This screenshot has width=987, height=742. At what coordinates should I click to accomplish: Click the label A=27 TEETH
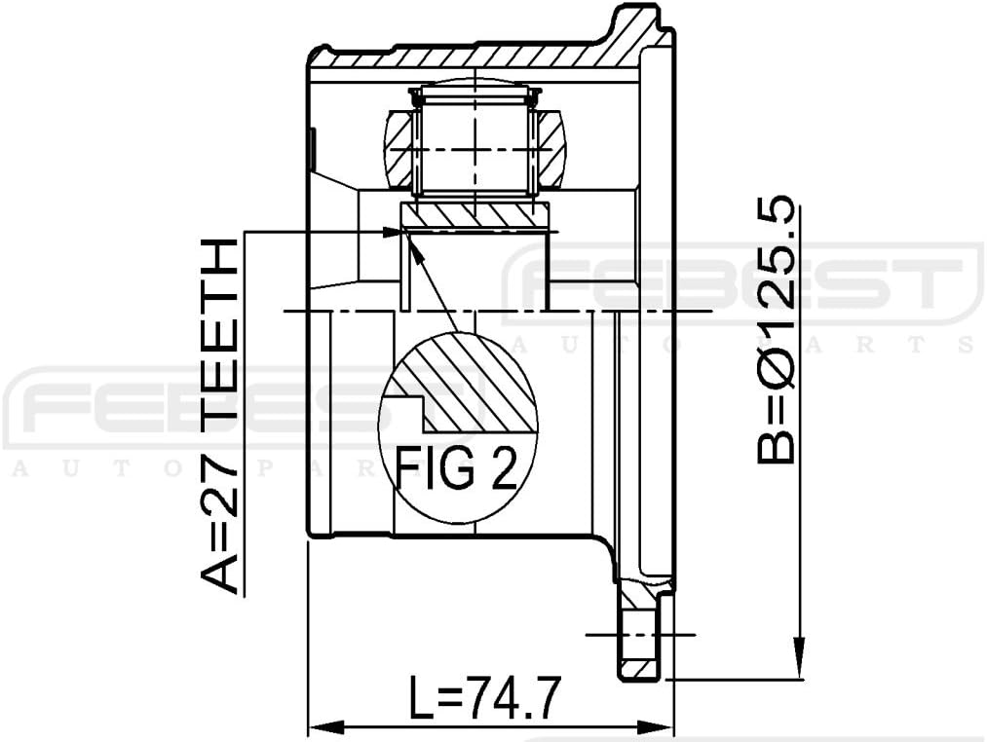tap(219, 416)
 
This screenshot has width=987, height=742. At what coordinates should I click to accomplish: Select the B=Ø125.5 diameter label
tap(777, 331)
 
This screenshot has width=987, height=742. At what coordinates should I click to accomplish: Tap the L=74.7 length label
tap(484, 698)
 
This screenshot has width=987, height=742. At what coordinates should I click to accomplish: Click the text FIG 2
tap(455, 468)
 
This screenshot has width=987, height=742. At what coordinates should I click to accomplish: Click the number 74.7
tap(512, 698)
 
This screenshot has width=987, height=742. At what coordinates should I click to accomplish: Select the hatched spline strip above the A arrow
tap(475, 213)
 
